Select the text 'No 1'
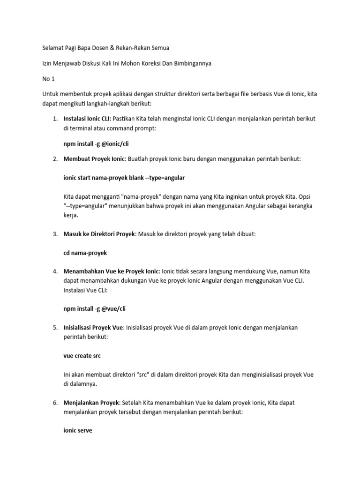click(x=48, y=79)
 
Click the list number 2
click(x=55, y=159)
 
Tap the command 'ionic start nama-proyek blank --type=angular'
click(x=124, y=178)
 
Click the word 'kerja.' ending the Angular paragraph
click(x=71, y=216)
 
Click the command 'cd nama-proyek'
click(x=85, y=253)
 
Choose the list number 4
click(x=55, y=271)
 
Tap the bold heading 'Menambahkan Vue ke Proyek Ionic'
click(x=111, y=271)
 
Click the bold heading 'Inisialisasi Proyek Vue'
click(x=92, y=327)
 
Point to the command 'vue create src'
click(x=82, y=356)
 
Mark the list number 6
click(x=55, y=403)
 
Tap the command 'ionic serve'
click(x=78, y=430)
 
